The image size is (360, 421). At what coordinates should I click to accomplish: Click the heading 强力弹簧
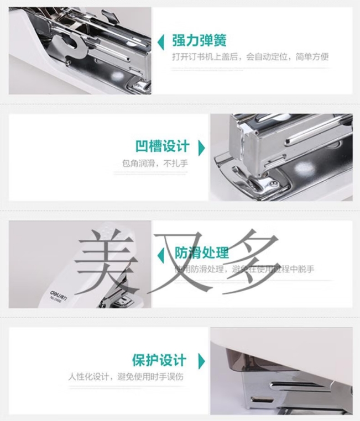pos(199,40)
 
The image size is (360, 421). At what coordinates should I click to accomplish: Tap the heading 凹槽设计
pos(163,146)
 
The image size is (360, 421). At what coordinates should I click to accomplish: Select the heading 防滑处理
pos(202,253)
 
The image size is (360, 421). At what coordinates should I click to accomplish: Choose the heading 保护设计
pos(159,360)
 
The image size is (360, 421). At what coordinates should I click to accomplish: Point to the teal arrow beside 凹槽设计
pos(201,147)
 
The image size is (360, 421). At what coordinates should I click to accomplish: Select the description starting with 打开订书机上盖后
pos(250,56)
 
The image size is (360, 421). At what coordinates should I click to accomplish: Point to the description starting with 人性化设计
pos(126,377)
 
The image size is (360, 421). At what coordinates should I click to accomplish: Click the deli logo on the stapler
pos(58,289)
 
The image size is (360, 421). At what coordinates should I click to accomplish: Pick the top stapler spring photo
pos(80,50)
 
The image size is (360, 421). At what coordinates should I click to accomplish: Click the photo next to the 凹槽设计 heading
pos(280,157)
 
